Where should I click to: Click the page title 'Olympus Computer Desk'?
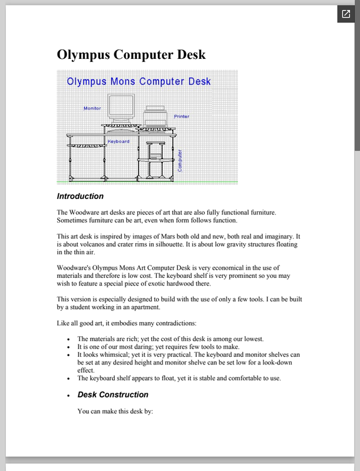pos(131,55)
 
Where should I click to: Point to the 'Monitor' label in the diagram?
pos(92,108)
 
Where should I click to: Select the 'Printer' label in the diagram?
pos(181,117)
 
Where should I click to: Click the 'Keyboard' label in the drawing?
pos(118,141)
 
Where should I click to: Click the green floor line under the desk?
pos(147,182)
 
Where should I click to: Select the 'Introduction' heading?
pos(80,197)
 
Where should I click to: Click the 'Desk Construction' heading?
pos(113,394)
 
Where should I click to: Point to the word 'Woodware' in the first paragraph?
pos(87,212)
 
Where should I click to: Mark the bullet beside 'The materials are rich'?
pos(69,340)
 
